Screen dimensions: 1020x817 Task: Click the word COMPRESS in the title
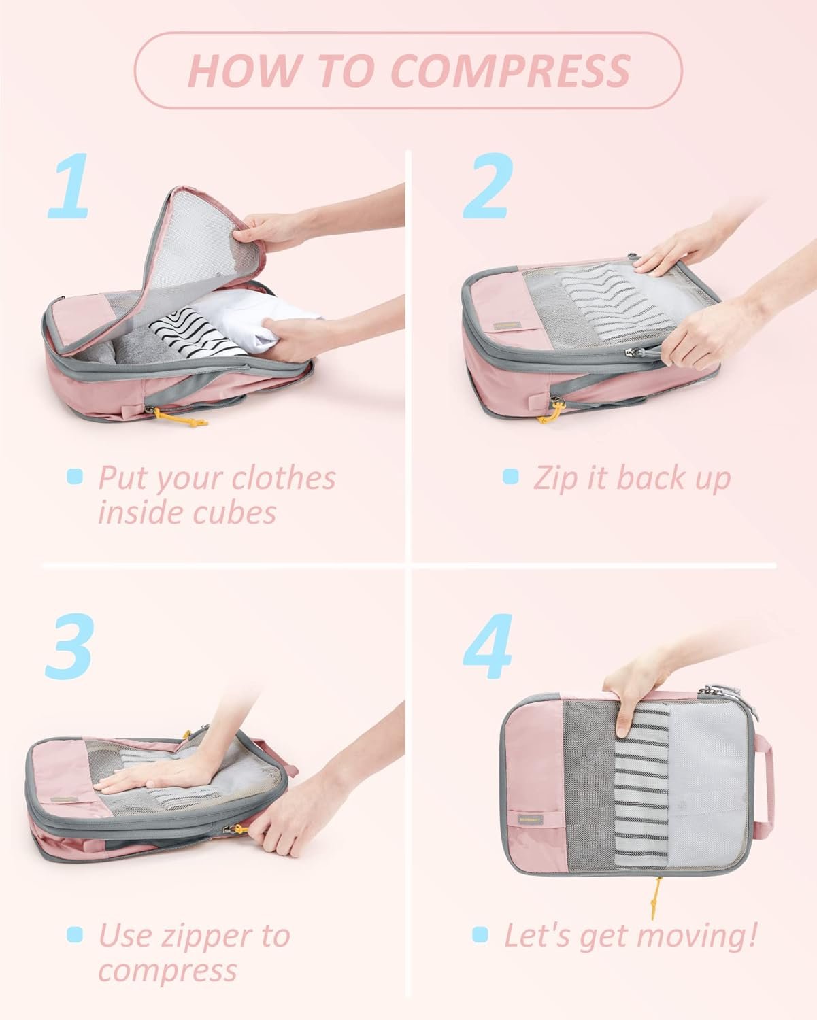[511, 70]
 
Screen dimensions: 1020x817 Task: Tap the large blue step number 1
[69, 186]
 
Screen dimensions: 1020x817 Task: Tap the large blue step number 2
[487, 186]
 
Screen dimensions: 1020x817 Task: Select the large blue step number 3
[69, 645]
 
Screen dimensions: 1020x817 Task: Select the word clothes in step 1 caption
[284, 478]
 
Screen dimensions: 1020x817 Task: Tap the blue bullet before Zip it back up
[510, 477]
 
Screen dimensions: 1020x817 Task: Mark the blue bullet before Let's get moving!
[480, 935]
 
